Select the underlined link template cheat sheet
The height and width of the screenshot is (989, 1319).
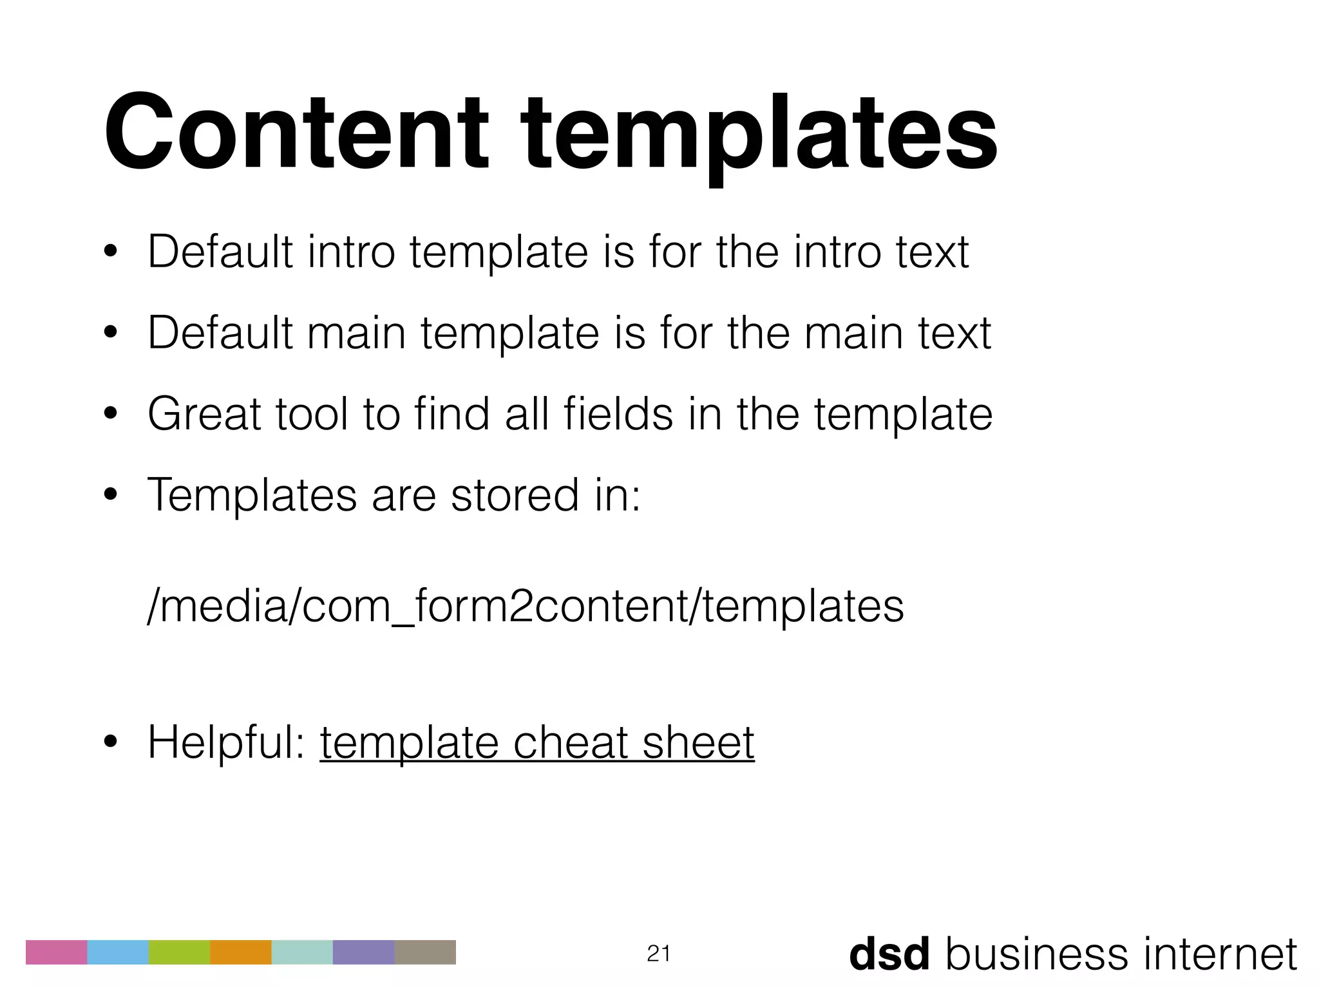click(536, 742)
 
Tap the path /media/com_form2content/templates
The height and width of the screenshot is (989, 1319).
click(526, 605)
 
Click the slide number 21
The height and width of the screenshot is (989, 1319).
click(658, 954)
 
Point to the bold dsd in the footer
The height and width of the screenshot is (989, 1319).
click(889, 954)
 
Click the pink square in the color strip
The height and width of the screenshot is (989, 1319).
click(56, 952)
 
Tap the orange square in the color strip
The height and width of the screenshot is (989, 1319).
click(241, 952)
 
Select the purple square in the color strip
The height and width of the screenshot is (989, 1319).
click(363, 952)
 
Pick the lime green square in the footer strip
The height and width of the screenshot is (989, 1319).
click(179, 952)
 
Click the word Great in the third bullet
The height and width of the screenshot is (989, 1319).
click(204, 413)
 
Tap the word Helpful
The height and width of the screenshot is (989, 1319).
click(225, 742)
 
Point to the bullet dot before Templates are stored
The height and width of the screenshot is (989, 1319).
click(110, 495)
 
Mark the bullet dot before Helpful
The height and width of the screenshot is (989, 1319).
click(110, 743)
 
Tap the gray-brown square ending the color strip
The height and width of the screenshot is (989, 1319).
click(425, 952)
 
